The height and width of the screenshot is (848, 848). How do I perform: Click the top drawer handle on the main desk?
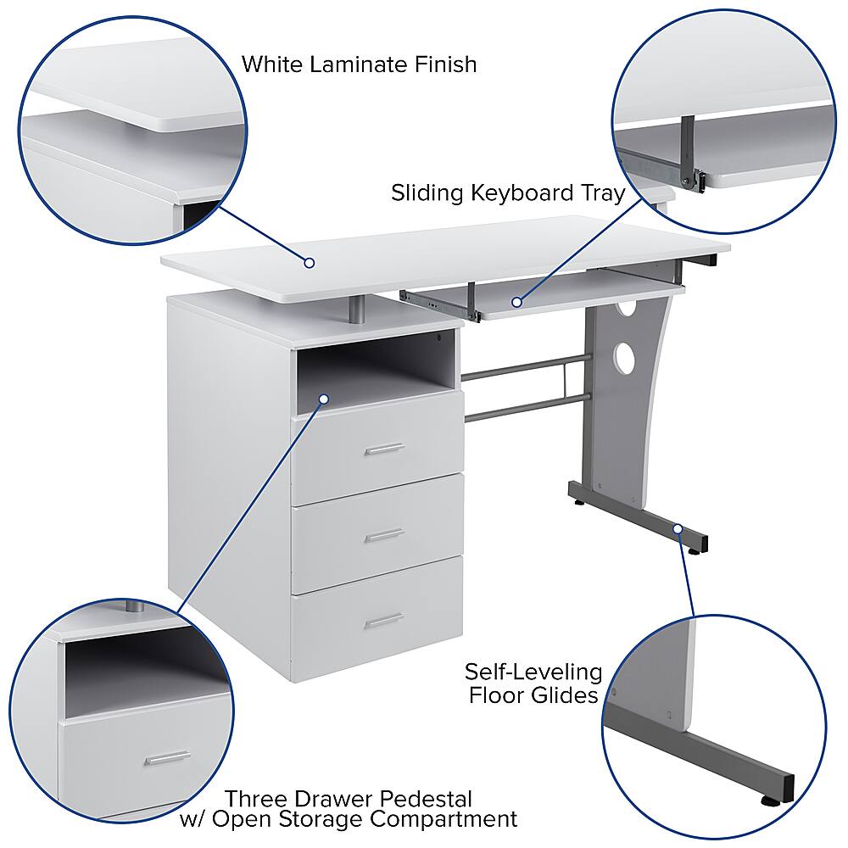coord(384,449)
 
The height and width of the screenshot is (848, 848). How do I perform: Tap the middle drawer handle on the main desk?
coord(384,535)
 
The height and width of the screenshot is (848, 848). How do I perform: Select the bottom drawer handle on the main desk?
coord(384,621)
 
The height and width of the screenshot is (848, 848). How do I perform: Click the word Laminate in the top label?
coord(362,64)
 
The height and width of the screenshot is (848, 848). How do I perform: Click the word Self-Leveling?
coord(533,673)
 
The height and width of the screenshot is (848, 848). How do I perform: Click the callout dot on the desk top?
coord(310,263)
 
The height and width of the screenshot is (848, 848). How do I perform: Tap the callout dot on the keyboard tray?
coord(516,301)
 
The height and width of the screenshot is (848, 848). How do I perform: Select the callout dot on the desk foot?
coord(678,529)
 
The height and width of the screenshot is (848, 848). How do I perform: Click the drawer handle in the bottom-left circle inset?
coord(167,758)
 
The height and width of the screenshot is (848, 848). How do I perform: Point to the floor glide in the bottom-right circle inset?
coord(771,798)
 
